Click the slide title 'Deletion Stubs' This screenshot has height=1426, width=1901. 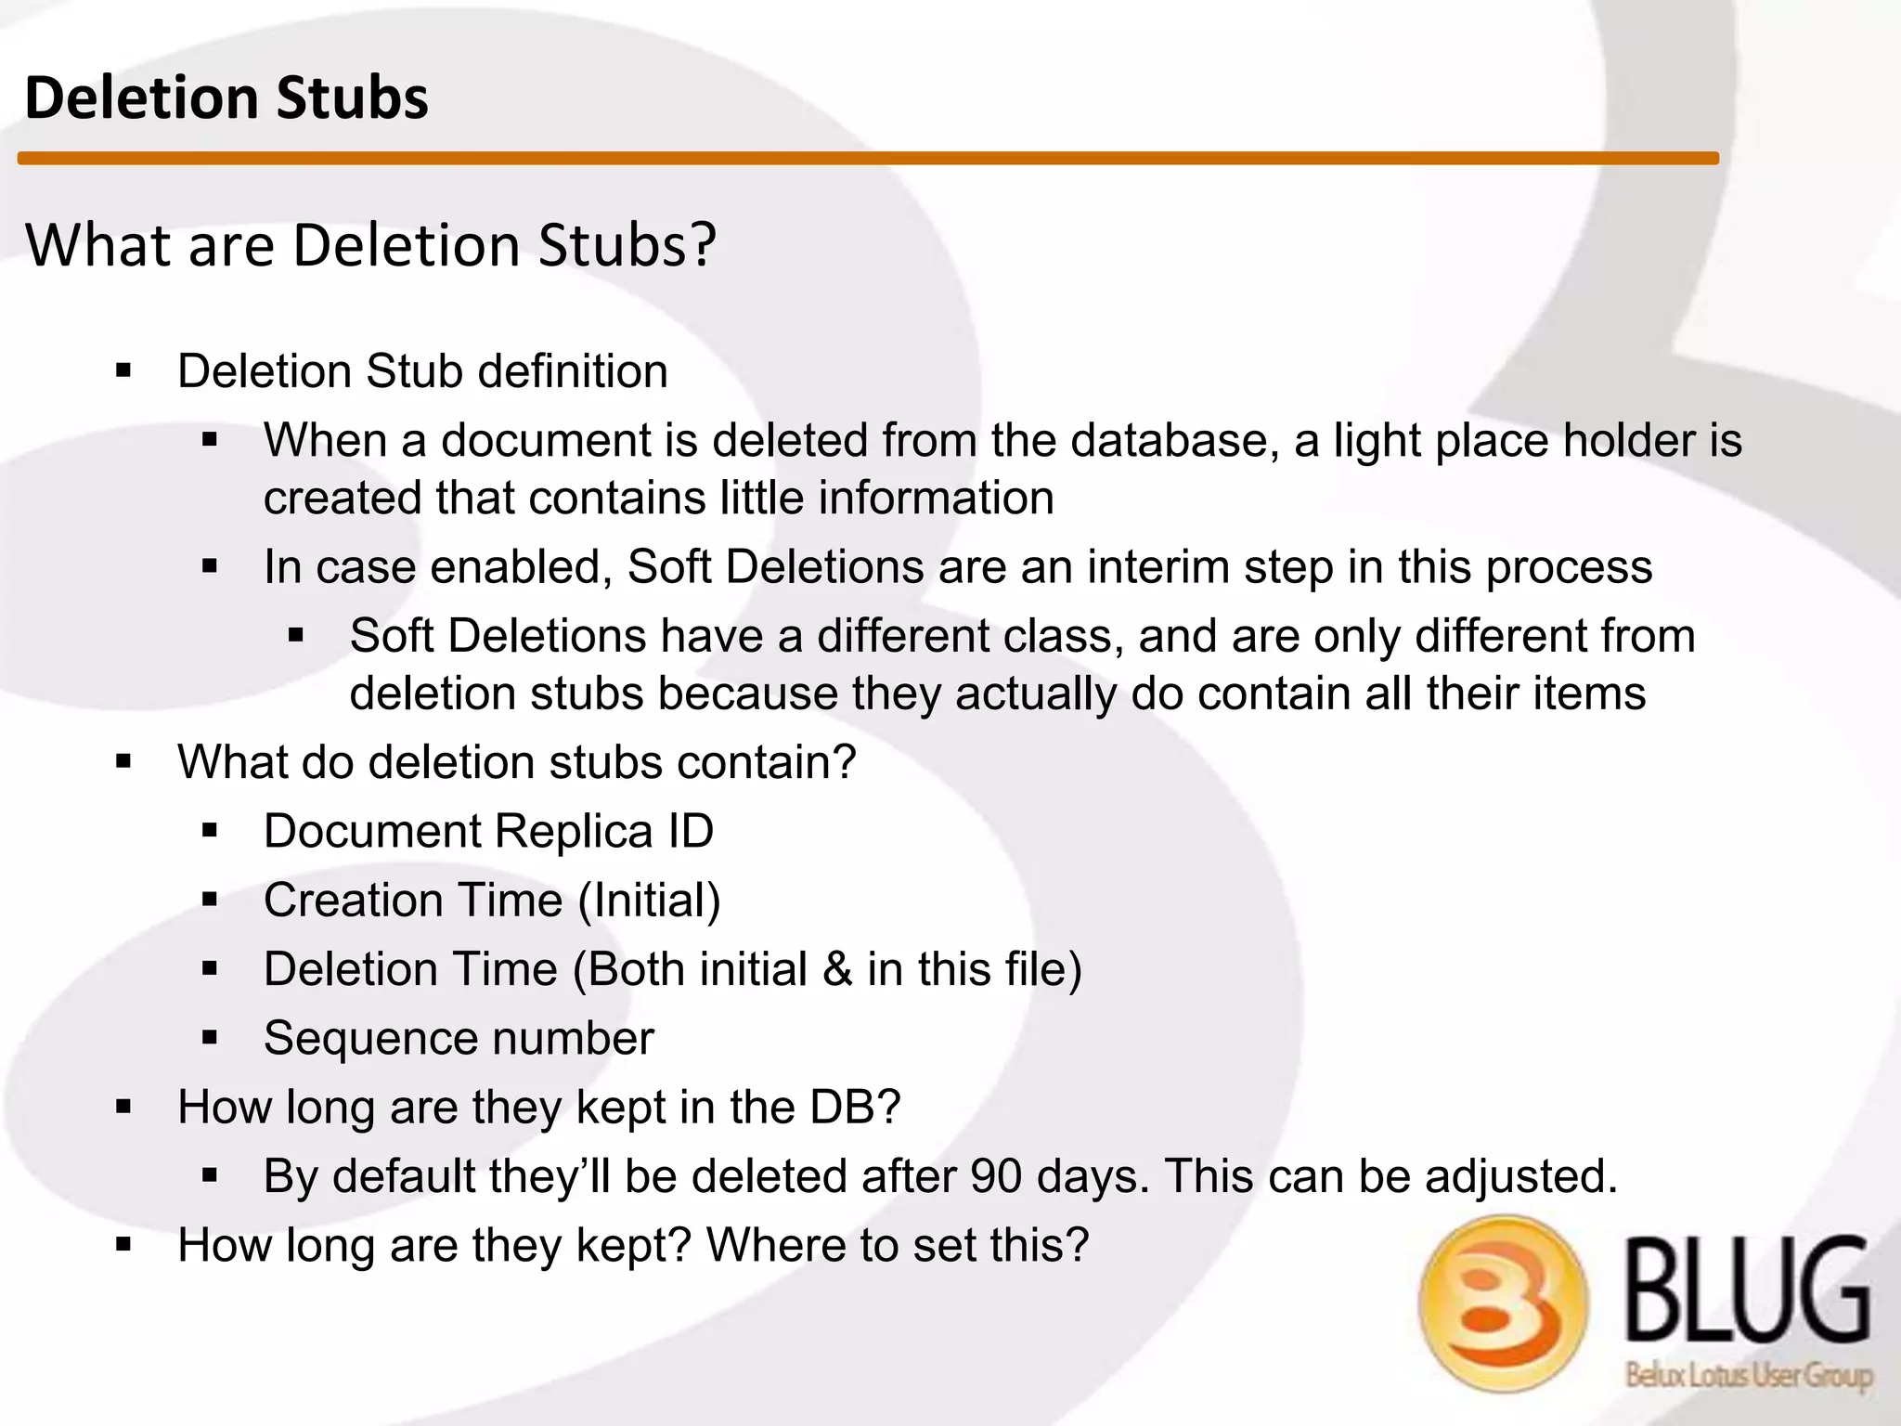coord(226,97)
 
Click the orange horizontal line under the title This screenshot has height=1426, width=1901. coord(868,159)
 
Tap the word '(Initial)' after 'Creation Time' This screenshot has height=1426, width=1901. coord(649,900)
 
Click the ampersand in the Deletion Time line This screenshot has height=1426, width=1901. coord(837,969)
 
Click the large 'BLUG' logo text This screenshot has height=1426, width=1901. coord(1747,1290)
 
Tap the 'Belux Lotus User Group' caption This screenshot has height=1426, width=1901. coord(1748,1374)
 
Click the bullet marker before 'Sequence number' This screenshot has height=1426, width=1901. coord(210,1038)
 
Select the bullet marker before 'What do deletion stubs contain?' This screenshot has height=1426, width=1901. coord(123,762)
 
